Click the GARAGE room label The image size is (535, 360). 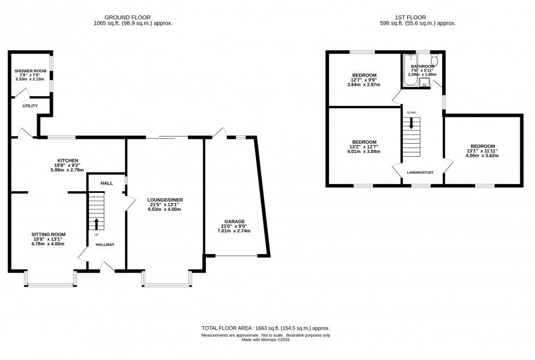click(x=233, y=221)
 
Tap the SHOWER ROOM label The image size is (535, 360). click(x=30, y=71)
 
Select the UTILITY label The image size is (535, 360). click(x=30, y=105)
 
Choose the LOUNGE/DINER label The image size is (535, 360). click(x=164, y=200)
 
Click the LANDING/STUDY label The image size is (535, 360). click(x=420, y=173)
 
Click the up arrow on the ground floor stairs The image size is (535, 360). click(x=97, y=223)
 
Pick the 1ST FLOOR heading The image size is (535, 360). click(x=418, y=17)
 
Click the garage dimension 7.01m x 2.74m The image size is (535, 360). click(x=233, y=231)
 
